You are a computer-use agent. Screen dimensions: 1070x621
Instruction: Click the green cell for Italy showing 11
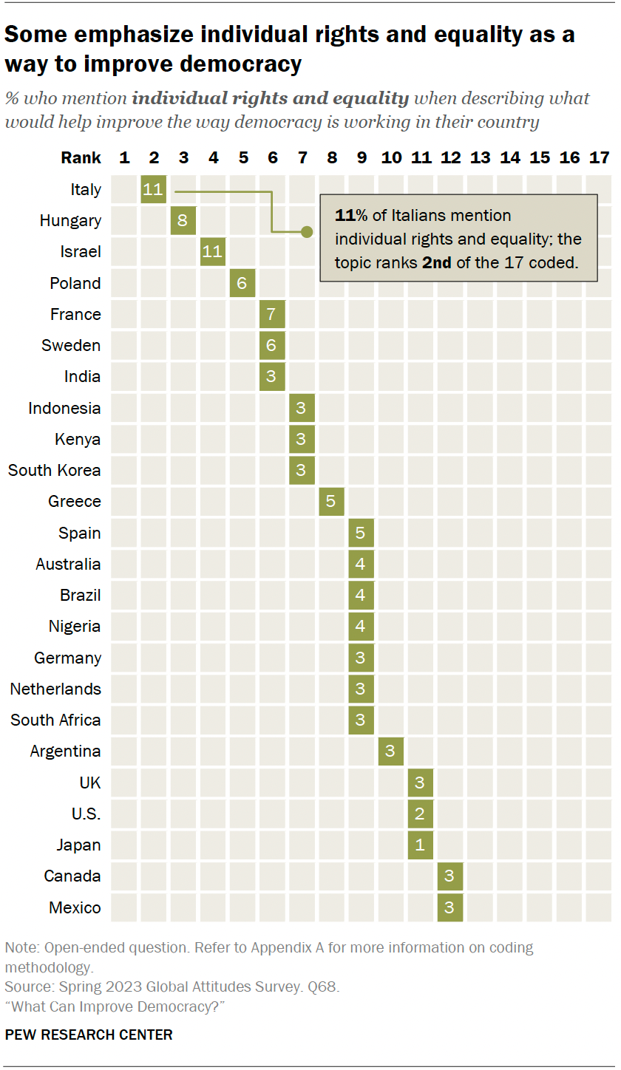click(153, 189)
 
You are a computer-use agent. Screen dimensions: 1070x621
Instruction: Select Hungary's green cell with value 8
click(183, 221)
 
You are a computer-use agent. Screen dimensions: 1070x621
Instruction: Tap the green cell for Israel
click(212, 252)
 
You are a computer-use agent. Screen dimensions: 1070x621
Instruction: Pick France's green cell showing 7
click(272, 314)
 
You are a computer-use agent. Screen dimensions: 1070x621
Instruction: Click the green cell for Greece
click(331, 502)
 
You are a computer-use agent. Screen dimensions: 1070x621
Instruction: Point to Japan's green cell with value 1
click(420, 845)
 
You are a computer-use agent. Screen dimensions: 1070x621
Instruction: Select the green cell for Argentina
click(390, 752)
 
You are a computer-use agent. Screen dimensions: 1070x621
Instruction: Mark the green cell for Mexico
click(449, 907)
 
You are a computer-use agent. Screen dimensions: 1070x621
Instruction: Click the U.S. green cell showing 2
click(420, 814)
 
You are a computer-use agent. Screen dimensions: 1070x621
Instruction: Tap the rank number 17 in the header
click(599, 157)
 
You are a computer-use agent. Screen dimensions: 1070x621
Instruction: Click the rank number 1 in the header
click(124, 157)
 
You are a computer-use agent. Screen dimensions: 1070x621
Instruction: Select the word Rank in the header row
click(81, 157)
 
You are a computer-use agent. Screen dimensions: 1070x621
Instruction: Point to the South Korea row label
click(55, 471)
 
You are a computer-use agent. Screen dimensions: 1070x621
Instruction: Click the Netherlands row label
click(55, 689)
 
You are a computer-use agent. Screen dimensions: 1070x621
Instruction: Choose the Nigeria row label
click(75, 627)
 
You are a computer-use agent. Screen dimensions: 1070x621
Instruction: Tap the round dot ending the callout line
click(307, 232)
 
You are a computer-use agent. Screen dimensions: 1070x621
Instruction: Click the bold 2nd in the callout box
click(436, 262)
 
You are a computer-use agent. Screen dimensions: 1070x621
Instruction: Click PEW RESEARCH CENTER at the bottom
click(89, 1035)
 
